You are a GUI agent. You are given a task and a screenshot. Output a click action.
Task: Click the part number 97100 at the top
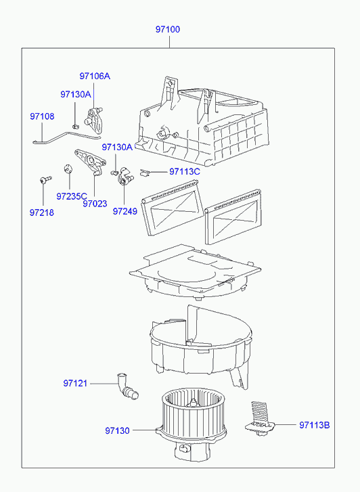pyautogui.click(x=168, y=30)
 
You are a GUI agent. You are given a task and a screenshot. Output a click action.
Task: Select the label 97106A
pyautogui.click(x=95, y=76)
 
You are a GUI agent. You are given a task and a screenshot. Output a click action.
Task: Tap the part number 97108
pyautogui.click(x=42, y=116)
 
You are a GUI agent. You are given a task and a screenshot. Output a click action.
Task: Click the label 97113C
pyautogui.click(x=185, y=172)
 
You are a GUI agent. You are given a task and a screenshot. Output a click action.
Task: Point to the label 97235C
pyautogui.click(x=72, y=196)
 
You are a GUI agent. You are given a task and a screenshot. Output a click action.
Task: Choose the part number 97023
pyautogui.click(x=95, y=204)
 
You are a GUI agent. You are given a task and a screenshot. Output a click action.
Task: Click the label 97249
pyautogui.click(x=125, y=211)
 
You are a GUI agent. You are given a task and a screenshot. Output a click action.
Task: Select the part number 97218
pyautogui.click(x=42, y=213)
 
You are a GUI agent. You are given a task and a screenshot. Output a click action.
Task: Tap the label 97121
pyautogui.click(x=75, y=384)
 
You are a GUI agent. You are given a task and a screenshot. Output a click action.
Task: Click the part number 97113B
pyautogui.click(x=315, y=425)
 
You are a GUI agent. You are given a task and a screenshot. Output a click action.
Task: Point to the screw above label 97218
pyautogui.click(x=45, y=179)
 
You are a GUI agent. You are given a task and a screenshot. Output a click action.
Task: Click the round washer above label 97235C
pyautogui.click(x=68, y=169)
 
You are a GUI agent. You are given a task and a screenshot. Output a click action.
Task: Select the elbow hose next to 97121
pyautogui.click(x=126, y=386)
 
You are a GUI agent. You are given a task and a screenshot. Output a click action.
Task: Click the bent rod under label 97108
pyautogui.click(x=66, y=137)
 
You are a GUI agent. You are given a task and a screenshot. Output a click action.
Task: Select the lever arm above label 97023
pyautogui.click(x=91, y=161)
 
